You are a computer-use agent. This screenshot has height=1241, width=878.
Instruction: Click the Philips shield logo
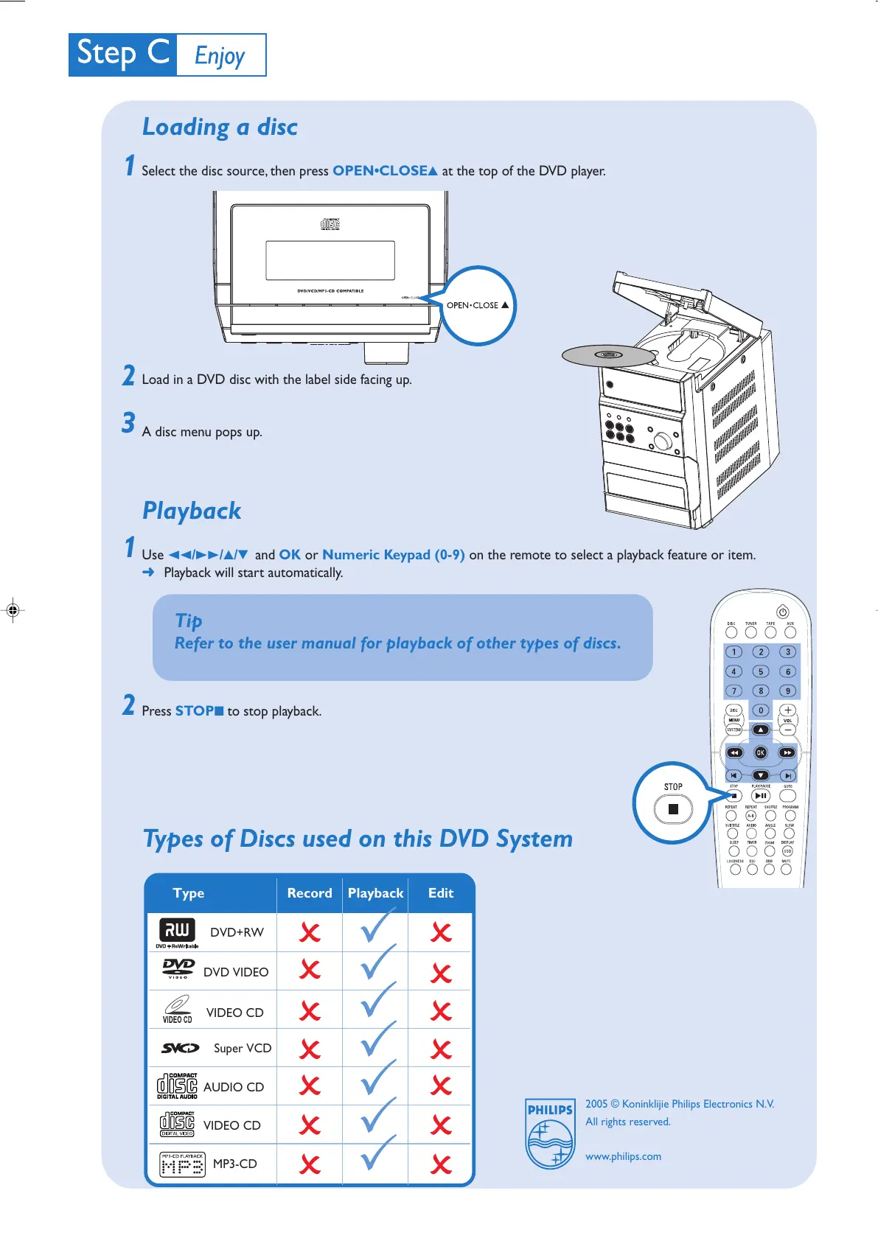550,1133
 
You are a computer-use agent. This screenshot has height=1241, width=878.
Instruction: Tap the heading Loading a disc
220,127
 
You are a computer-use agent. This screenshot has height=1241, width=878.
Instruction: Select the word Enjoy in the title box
220,55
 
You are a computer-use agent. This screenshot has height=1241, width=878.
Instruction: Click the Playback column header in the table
375,893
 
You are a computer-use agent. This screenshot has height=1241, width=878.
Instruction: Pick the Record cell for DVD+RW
310,933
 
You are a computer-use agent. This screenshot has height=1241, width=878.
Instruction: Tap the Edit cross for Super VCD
441,1049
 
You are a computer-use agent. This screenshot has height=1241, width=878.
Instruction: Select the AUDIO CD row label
234,1087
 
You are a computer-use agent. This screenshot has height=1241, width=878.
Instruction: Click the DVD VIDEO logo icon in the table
178,968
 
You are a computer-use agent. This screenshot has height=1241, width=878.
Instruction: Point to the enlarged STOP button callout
672,804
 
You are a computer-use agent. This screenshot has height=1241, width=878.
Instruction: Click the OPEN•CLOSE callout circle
478,305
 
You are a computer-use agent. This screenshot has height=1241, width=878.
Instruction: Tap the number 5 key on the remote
761,671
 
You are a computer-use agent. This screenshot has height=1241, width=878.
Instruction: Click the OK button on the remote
761,752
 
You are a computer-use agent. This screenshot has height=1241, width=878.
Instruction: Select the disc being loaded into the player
608,356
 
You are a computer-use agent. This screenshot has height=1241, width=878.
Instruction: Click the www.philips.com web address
623,1156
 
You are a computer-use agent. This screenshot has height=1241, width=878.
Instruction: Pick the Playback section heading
192,511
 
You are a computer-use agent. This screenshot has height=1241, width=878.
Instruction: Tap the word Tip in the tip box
189,620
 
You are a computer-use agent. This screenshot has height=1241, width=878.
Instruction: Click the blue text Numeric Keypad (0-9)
394,555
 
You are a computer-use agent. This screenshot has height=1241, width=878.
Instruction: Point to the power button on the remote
783,612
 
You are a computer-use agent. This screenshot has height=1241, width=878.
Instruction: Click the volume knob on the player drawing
662,441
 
